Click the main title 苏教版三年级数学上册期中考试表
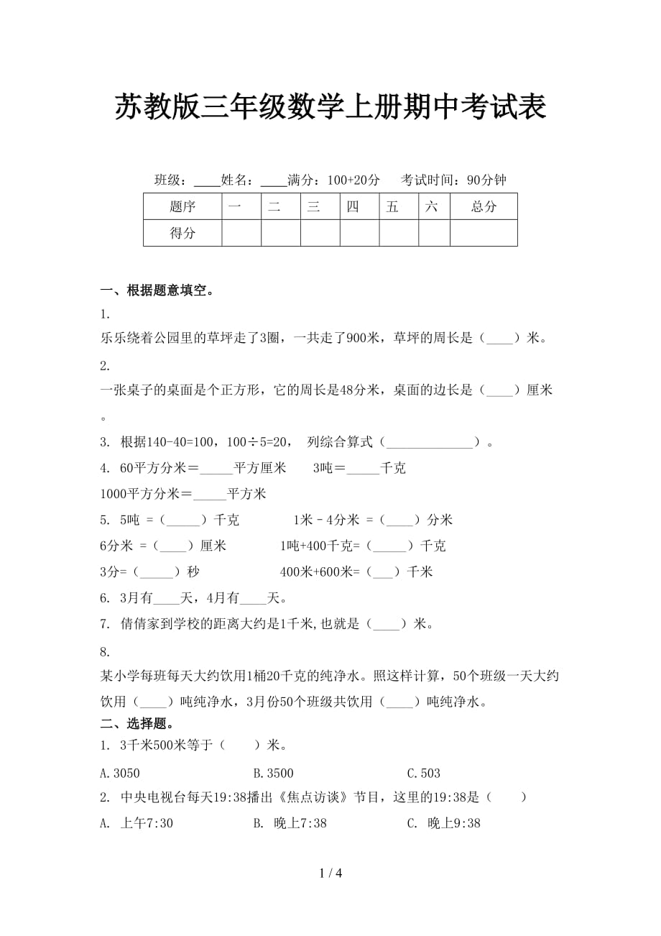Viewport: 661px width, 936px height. pyautogui.click(x=330, y=108)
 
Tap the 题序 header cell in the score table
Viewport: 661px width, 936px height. pyautogui.click(x=182, y=207)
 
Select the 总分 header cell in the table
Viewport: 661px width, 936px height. pyautogui.click(x=484, y=207)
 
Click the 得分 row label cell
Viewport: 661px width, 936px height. pyautogui.click(x=182, y=233)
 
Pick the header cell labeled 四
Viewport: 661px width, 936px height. pyautogui.click(x=352, y=207)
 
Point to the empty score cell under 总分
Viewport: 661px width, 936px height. pyautogui.click(x=484, y=233)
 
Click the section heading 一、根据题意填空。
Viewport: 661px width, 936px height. pyautogui.click(x=157, y=290)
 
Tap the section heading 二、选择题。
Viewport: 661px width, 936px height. pyautogui.click(x=137, y=723)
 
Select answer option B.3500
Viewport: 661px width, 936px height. pyautogui.click(x=273, y=774)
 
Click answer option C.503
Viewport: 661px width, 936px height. pyautogui.click(x=423, y=774)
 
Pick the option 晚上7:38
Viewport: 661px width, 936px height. pyautogui.click(x=290, y=824)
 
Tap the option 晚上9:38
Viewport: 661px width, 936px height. pyautogui.click(x=443, y=824)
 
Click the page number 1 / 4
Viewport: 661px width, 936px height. pyautogui.click(x=330, y=873)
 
